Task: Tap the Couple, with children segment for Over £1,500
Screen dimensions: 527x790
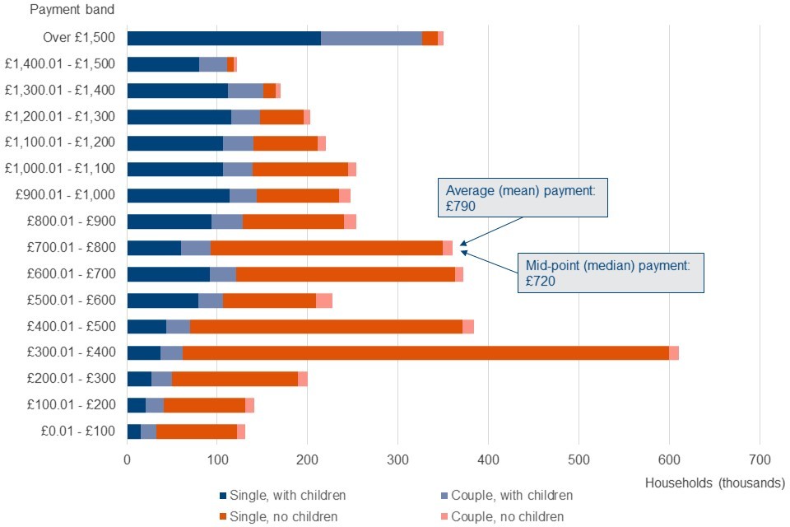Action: (371, 37)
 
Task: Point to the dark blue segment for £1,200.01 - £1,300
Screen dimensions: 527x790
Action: (179, 116)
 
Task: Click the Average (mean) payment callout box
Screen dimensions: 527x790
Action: (524, 198)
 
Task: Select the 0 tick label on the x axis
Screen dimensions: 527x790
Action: (128, 459)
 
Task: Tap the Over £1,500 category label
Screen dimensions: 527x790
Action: (81, 37)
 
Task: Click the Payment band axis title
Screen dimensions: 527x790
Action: (72, 10)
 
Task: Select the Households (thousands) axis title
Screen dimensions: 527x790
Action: (715, 483)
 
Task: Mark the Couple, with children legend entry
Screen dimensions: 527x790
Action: (507, 496)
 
